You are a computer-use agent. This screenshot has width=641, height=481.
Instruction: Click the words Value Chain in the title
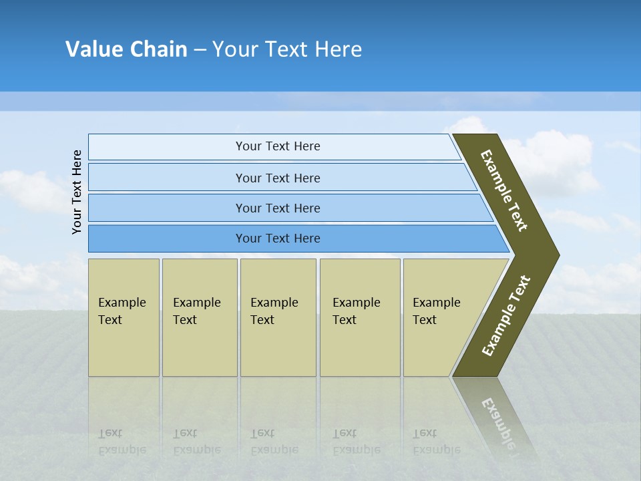click(x=126, y=49)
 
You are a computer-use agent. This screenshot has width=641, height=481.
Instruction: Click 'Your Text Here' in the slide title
click(x=287, y=49)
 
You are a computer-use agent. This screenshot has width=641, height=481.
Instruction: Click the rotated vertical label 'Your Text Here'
click(x=77, y=192)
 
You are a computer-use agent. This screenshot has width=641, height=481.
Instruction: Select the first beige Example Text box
click(x=124, y=317)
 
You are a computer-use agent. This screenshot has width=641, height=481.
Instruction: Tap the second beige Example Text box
click(x=199, y=317)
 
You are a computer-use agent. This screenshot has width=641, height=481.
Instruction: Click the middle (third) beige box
click(x=278, y=317)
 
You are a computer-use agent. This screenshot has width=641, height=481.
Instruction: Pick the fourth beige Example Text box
click(x=360, y=317)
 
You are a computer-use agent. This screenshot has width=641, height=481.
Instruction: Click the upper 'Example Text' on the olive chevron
click(x=504, y=190)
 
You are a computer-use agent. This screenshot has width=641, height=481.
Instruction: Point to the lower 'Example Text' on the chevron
click(x=506, y=315)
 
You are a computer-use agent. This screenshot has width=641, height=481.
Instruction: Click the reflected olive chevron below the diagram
click(x=497, y=418)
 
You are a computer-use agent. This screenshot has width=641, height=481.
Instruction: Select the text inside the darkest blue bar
click(x=278, y=238)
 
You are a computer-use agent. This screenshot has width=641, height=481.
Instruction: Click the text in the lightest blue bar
click(x=278, y=146)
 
